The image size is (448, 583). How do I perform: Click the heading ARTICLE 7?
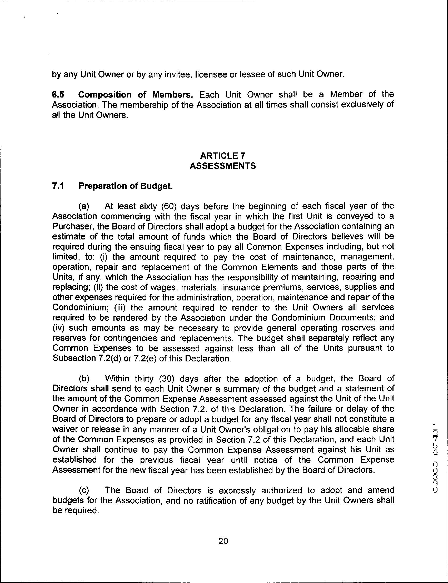coord(223,156)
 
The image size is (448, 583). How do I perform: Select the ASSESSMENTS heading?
coord(223,166)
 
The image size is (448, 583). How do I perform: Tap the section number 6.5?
coord(58,95)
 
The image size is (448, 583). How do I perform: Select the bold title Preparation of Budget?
coord(125,186)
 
